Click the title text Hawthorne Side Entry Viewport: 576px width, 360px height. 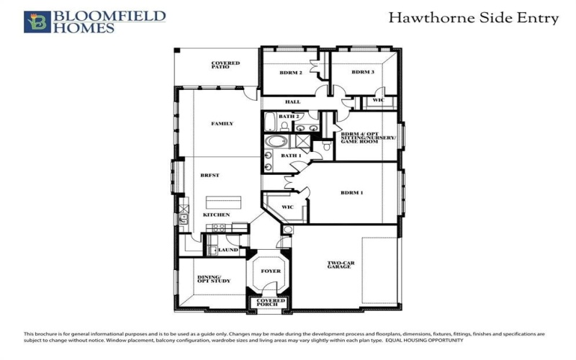[x=473, y=18]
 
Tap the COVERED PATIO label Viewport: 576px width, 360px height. [x=225, y=65]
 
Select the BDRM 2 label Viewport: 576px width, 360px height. [x=290, y=72]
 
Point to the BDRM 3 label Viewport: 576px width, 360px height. [x=363, y=72]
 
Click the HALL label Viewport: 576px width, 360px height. [x=292, y=102]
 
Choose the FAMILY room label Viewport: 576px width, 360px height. [x=222, y=124]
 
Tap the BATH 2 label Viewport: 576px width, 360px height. [x=289, y=116]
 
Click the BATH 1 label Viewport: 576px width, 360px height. [x=291, y=156]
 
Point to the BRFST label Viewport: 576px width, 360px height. [x=210, y=176]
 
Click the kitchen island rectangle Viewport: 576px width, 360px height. [x=225, y=202]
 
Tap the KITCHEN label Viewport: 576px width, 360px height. [x=216, y=215]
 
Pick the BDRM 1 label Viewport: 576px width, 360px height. [x=351, y=193]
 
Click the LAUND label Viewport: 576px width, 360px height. [x=228, y=250]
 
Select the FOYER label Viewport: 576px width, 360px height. [x=271, y=271]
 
